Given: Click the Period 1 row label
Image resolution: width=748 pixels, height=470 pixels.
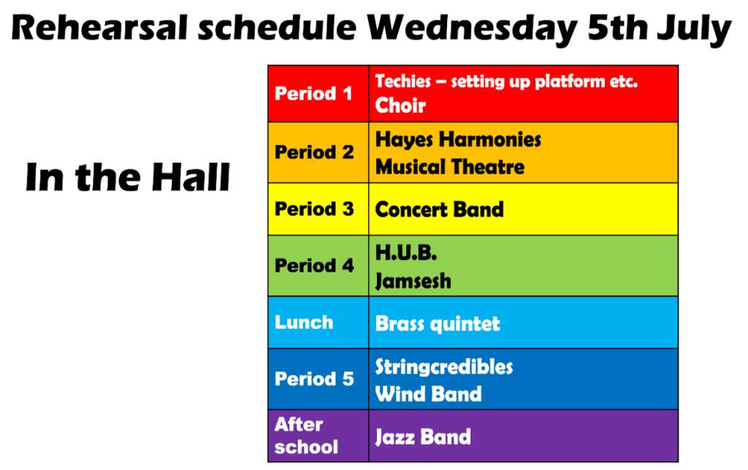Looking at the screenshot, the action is pyautogui.click(x=313, y=93).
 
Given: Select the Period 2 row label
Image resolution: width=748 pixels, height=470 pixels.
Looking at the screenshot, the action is pyautogui.click(x=314, y=153).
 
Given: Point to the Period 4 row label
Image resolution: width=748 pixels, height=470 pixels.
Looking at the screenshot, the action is pyautogui.click(x=314, y=266).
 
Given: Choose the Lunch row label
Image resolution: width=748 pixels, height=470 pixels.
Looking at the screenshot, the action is pyautogui.click(x=304, y=323).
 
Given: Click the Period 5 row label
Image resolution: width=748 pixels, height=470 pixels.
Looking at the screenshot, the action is pyautogui.click(x=314, y=379).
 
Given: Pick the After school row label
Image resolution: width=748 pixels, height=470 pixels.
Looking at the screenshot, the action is pyautogui.click(x=306, y=436).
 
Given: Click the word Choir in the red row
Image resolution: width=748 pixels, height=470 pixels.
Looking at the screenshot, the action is pyautogui.click(x=400, y=105).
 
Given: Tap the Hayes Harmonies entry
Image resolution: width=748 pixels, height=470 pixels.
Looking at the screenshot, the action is pyautogui.click(x=458, y=139).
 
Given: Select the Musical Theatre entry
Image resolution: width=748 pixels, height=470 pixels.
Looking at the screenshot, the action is pyautogui.click(x=450, y=167).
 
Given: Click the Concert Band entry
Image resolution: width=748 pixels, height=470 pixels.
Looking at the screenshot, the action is pyautogui.click(x=439, y=209).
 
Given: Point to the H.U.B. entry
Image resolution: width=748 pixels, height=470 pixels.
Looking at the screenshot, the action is pyautogui.click(x=406, y=253).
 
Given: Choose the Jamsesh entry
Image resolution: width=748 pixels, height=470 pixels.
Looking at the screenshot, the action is pyautogui.click(x=413, y=281).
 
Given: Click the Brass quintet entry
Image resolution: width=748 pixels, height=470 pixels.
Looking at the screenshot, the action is pyautogui.click(x=438, y=323).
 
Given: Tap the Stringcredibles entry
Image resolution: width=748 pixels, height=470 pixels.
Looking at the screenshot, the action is pyautogui.click(x=444, y=366).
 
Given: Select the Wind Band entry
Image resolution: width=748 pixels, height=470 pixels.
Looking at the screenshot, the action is pyautogui.click(x=428, y=394).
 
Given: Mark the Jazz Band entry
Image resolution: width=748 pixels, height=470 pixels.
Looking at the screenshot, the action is pyautogui.click(x=423, y=437).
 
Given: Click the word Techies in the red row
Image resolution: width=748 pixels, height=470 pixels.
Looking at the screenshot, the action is pyautogui.click(x=403, y=81).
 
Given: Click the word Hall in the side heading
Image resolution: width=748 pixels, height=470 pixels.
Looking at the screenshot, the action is pyautogui.click(x=191, y=177).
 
